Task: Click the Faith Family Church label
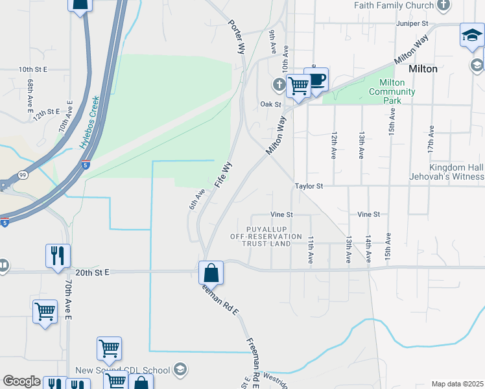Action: click(394, 6)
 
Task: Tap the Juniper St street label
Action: click(413, 23)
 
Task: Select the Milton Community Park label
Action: click(392, 91)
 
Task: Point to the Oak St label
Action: click(270, 104)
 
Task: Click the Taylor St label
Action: click(309, 185)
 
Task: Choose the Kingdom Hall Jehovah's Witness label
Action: click(447, 172)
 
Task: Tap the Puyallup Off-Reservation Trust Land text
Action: click(266, 237)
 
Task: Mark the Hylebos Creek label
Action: click(91, 123)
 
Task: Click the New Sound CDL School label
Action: click(123, 370)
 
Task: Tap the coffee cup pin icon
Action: click(316, 80)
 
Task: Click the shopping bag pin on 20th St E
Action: click(211, 273)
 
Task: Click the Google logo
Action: click(21, 381)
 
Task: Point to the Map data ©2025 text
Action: click(456, 384)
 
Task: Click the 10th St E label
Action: click(34, 69)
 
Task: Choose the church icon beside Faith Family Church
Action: click(444, 6)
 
